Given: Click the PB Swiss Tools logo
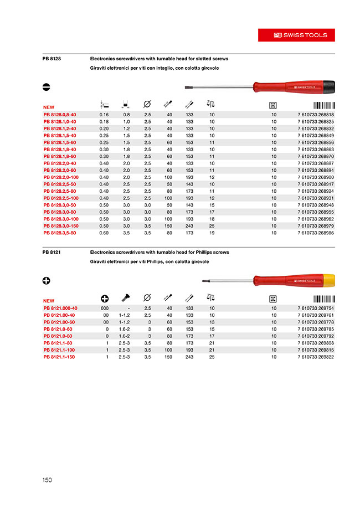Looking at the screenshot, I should pos(301,35).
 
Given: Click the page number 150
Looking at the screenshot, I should pos(47,480).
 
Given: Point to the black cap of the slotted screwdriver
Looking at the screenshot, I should pos(327,86).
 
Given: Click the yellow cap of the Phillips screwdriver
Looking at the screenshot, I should pos(327,281).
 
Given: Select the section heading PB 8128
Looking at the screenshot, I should pos(52,58).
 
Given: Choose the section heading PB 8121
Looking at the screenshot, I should pos(52,252).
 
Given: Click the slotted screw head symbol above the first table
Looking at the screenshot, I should pos(47,86).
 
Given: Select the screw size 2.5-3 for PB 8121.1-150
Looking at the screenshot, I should pos(124,357).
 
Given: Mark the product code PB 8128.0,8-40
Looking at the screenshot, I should pos(60,114).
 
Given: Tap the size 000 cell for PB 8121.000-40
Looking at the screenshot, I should pos(104,308).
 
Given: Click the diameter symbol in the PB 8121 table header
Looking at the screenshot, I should pos(147,299).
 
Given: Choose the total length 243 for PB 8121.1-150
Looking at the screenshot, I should pos(189,357).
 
